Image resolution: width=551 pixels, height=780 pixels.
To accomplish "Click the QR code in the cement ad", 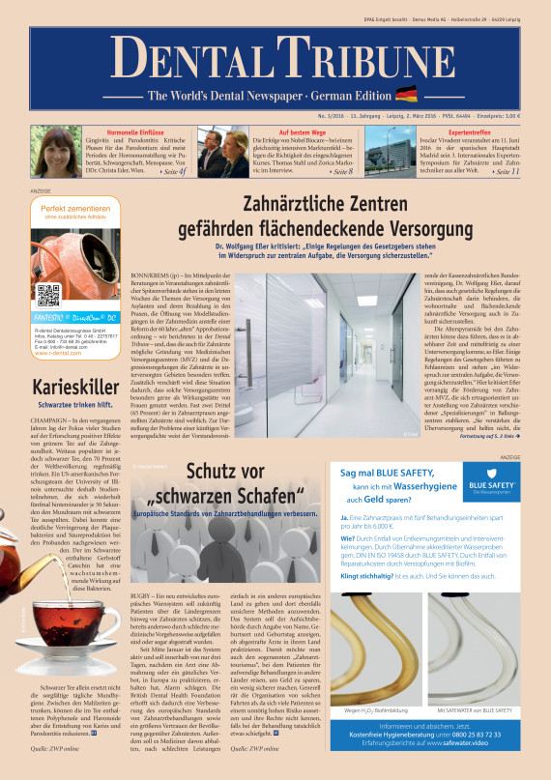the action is coord(49,296).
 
